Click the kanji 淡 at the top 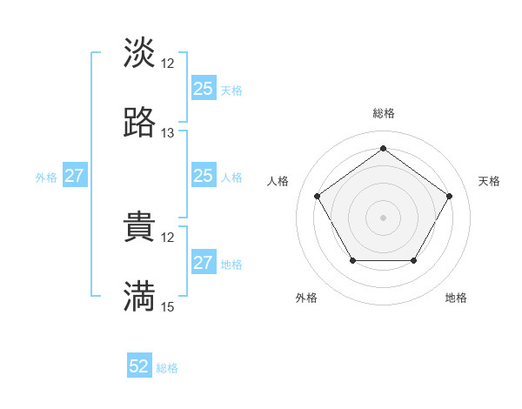[x=139, y=52]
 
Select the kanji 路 [x=139, y=123]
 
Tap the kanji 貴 [x=139, y=227]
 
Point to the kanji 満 [x=139, y=297]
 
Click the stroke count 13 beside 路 [x=168, y=133]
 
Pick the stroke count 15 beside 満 [x=168, y=306]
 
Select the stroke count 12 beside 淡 [x=168, y=63]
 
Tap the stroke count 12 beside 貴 [x=168, y=237]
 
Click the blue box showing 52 [x=139, y=366]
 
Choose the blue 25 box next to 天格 [x=203, y=89]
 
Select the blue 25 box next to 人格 [x=203, y=176]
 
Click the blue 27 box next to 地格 [x=203, y=263]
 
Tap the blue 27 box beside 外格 [x=75, y=176]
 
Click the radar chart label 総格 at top [x=383, y=113]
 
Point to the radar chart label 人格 [x=278, y=181]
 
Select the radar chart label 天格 [x=489, y=181]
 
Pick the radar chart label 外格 [x=306, y=298]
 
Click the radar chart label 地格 [x=456, y=298]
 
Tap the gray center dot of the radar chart [x=383, y=217]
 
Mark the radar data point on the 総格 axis [x=383, y=148]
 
